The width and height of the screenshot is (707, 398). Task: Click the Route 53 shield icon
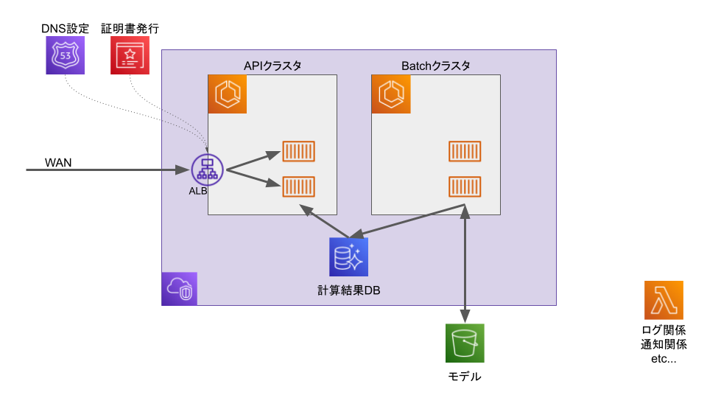[65, 55]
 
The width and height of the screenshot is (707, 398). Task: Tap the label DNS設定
[65, 29]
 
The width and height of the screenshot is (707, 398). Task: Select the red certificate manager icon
[130, 55]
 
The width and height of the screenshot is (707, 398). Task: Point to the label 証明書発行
[130, 29]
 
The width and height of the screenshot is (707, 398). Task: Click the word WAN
[58, 162]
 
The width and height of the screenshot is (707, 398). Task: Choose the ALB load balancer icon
[207, 170]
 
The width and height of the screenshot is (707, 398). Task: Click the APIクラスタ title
[272, 66]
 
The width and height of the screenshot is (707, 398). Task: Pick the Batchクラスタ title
[436, 66]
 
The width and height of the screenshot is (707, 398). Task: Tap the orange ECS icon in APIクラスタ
[227, 94]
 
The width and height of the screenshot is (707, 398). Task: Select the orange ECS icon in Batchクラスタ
[390, 94]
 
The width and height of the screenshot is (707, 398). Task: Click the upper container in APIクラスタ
[299, 152]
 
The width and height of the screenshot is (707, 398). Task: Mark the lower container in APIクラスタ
[299, 186]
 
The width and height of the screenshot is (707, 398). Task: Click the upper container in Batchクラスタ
[465, 152]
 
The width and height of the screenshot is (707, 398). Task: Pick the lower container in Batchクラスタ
[465, 186]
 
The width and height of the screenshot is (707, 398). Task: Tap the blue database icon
[348, 257]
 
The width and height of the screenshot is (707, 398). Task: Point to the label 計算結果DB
[348, 290]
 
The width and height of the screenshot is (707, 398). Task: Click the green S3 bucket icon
[465, 343]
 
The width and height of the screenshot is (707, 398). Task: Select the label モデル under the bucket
[465, 377]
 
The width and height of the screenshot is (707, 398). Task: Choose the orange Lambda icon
[664, 300]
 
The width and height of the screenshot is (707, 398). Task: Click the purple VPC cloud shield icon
[180, 288]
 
